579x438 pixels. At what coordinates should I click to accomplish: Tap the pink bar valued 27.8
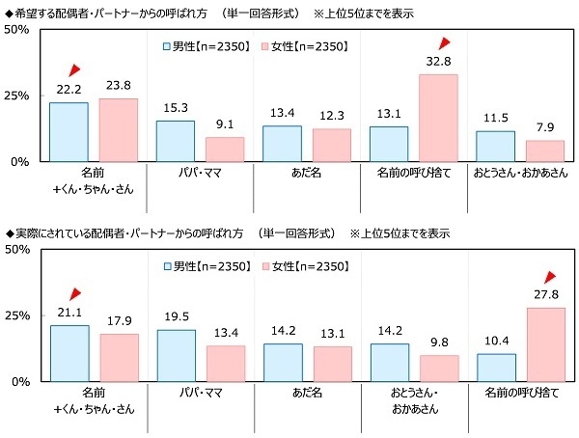545,344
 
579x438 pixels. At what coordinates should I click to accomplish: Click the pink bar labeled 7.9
545,151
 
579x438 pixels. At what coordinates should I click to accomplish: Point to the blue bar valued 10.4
496,368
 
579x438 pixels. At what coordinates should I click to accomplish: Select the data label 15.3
175,106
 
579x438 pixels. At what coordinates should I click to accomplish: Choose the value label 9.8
438,341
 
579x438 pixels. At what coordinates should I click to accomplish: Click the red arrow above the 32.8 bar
444,43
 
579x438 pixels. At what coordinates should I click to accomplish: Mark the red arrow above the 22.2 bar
75,69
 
